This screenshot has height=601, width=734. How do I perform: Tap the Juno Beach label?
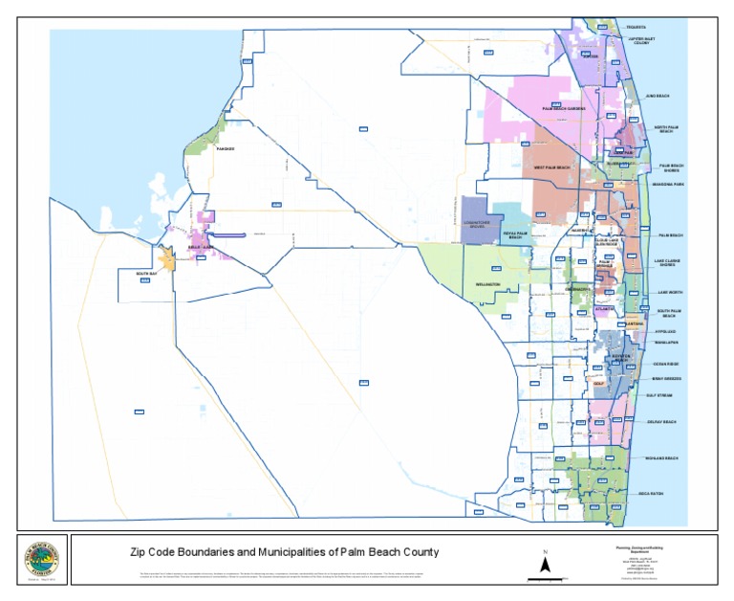(658, 97)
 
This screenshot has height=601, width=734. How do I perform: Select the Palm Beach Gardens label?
(564, 109)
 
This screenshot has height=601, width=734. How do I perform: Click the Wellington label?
(488, 285)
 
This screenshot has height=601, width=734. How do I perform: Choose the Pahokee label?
(225, 149)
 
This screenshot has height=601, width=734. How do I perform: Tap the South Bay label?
(146, 275)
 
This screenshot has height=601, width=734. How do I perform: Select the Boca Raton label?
(651, 494)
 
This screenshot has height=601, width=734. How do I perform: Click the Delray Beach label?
(660, 422)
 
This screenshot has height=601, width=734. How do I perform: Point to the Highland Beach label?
(660, 458)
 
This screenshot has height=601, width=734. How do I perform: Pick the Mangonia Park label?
(667, 184)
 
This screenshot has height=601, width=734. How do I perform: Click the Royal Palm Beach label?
(516, 234)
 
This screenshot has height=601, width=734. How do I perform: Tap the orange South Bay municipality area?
(167, 259)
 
